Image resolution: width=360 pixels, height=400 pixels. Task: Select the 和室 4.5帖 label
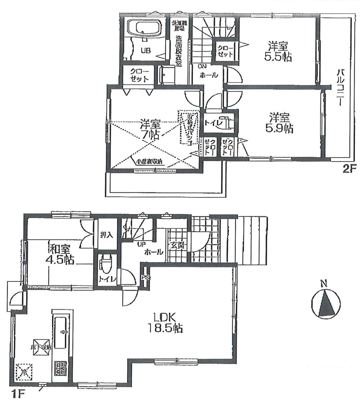coord(62,254)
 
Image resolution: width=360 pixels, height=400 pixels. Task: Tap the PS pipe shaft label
coord(145,277)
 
